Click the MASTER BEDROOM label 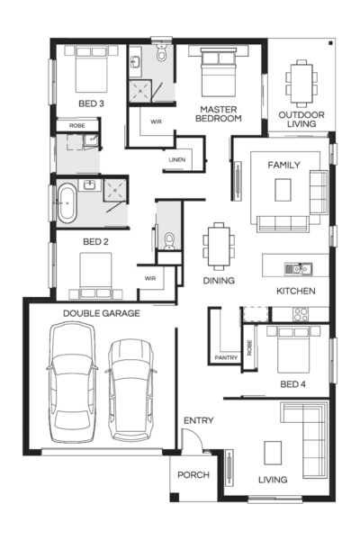coord(220,113)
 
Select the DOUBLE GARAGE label coord(101,313)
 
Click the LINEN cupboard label coord(176,161)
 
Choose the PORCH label coord(193,475)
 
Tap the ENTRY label coord(197,421)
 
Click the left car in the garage coord(71,383)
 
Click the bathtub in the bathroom coord(67,204)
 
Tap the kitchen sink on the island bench coord(294,268)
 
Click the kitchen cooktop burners coord(300,314)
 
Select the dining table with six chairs coord(218,245)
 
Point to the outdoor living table coord(301,81)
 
